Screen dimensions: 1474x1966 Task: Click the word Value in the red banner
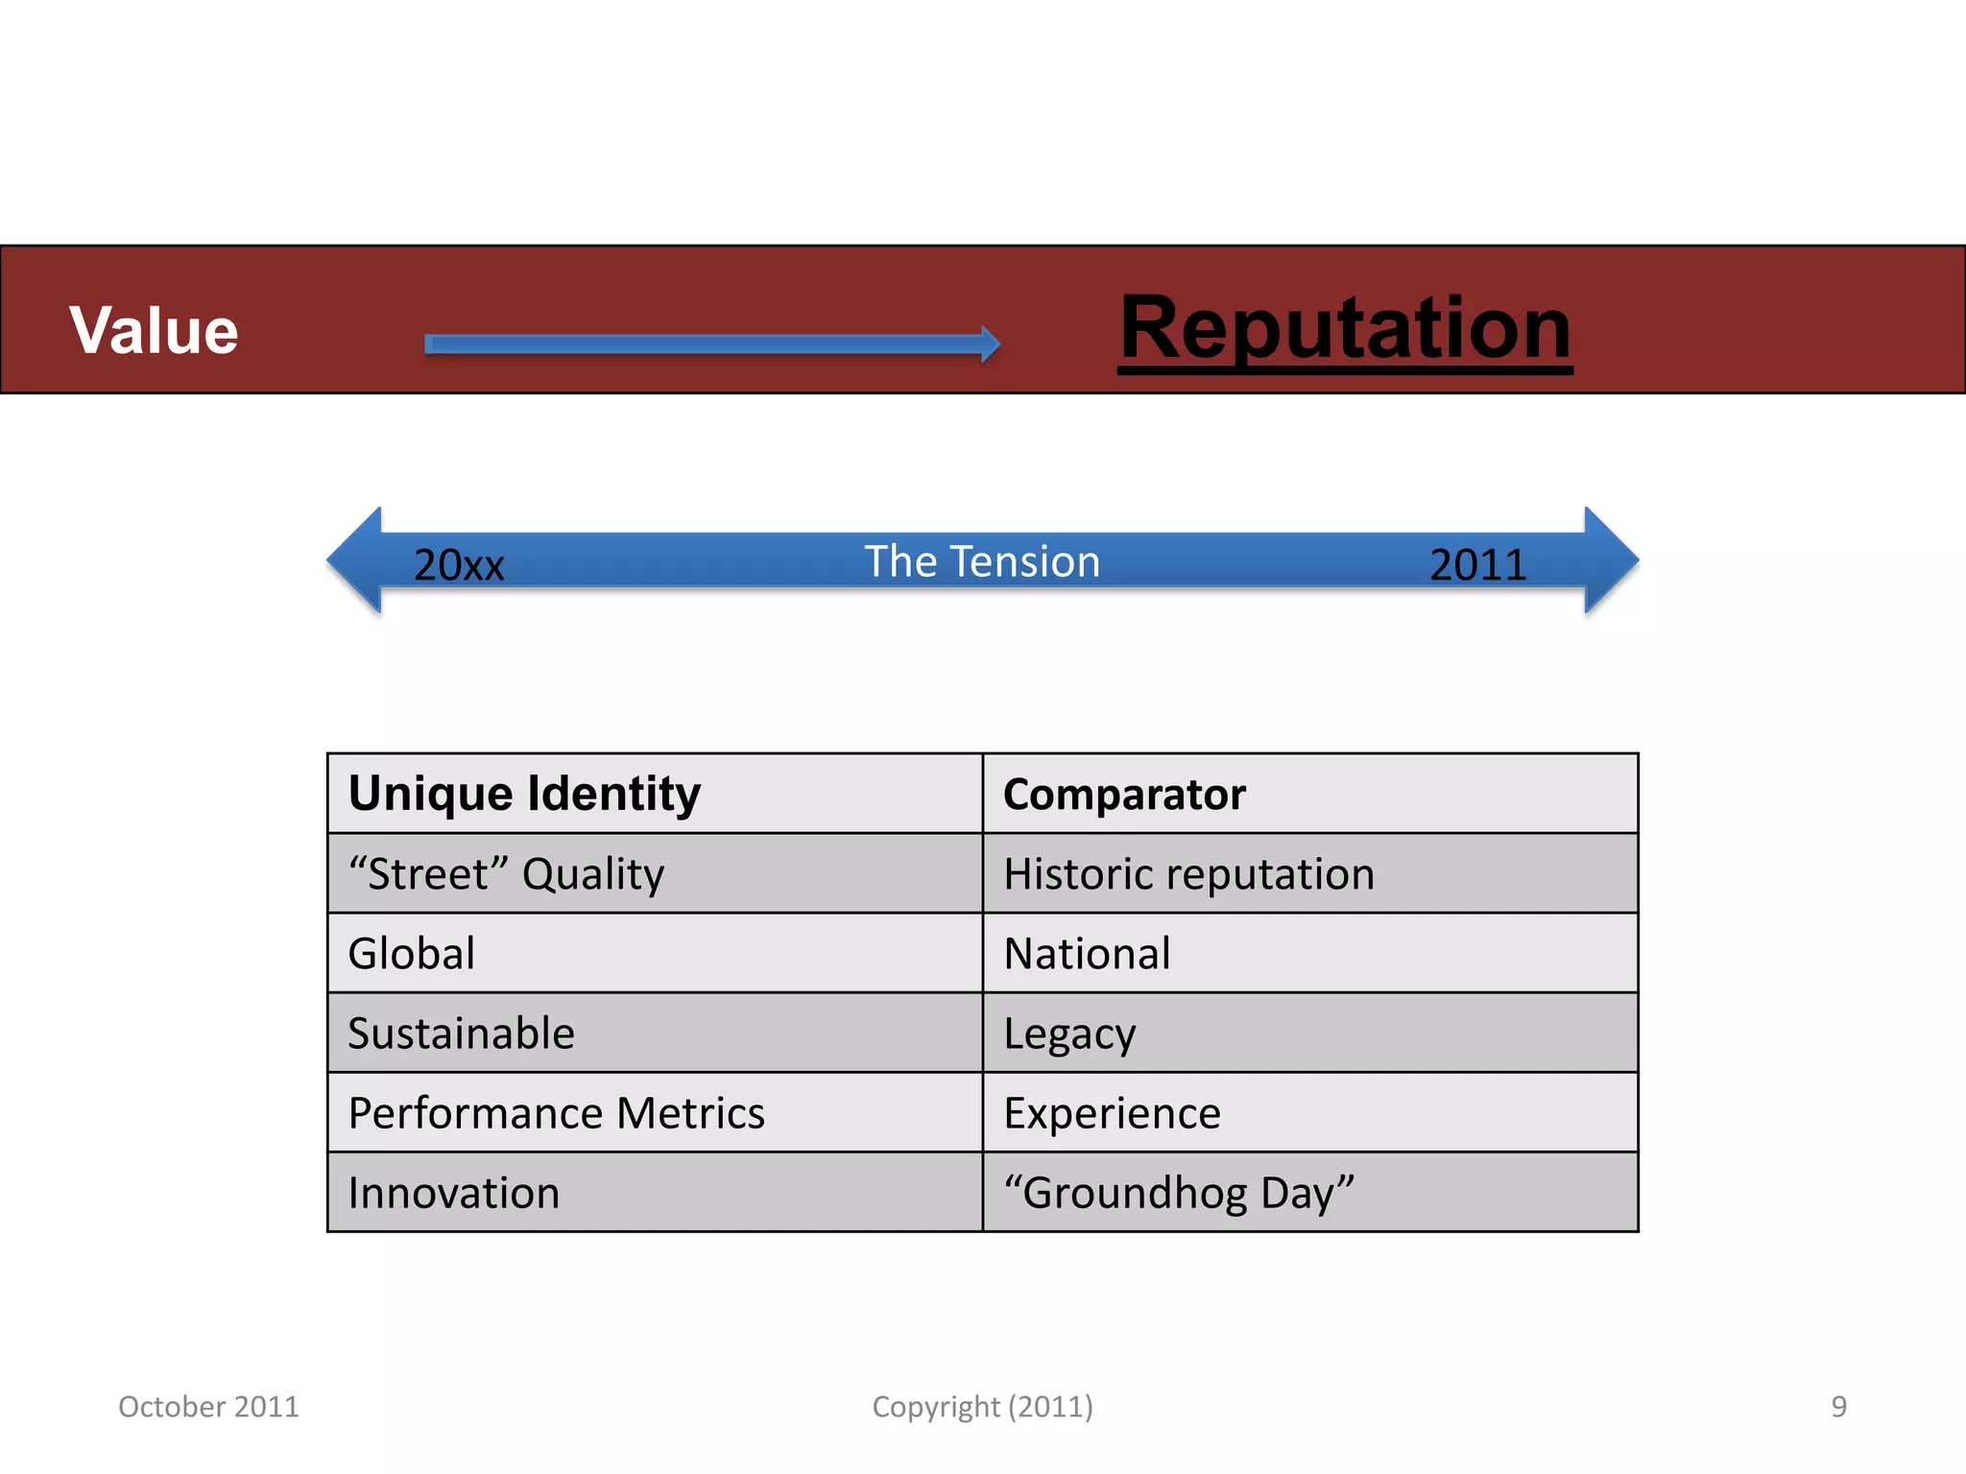[x=154, y=330]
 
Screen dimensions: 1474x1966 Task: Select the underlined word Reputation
[x=1345, y=328]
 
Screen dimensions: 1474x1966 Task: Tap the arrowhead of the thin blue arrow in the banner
[x=990, y=344]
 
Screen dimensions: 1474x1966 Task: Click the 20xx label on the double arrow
[x=459, y=564]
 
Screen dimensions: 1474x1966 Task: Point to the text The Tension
[x=982, y=561]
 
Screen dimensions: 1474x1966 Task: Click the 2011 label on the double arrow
[x=1477, y=564]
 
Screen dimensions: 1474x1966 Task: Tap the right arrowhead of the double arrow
[x=1609, y=560]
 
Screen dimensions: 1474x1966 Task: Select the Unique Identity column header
[x=524, y=794]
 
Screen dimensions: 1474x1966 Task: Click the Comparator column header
[x=1124, y=795]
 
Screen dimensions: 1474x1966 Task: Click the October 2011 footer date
[x=208, y=1406]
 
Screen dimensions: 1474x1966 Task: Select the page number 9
[x=1838, y=1406]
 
